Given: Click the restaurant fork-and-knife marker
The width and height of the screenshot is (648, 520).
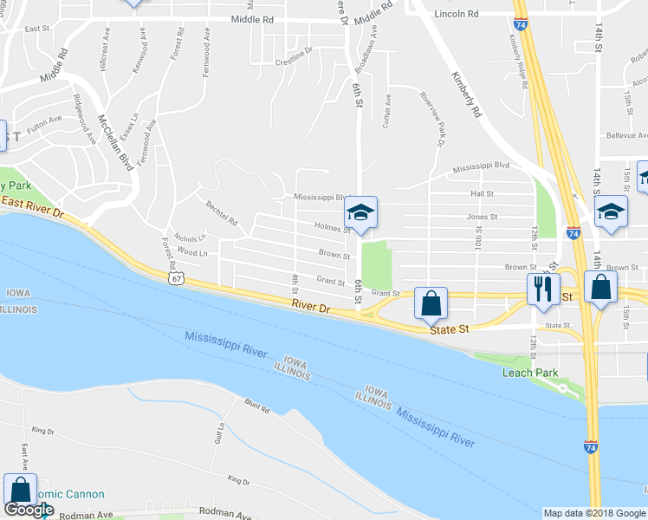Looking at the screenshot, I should pos(543,289).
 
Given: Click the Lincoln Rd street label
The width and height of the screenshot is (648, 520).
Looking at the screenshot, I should pos(457,15).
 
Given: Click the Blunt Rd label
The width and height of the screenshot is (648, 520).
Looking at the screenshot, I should pos(257,406).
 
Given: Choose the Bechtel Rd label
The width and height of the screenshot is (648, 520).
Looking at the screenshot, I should pos(222,213).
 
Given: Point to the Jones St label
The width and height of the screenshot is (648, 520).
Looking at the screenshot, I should pos(482,217).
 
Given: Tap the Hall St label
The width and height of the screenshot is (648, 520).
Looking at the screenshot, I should pos(482,194).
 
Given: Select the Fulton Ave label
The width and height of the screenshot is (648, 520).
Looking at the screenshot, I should pos(44,121).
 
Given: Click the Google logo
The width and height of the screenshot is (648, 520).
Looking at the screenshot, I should pos(29,510).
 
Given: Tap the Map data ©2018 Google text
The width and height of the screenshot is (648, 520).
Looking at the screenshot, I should pos(594,513).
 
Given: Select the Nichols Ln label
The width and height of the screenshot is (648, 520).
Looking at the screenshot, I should pos(191,237).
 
